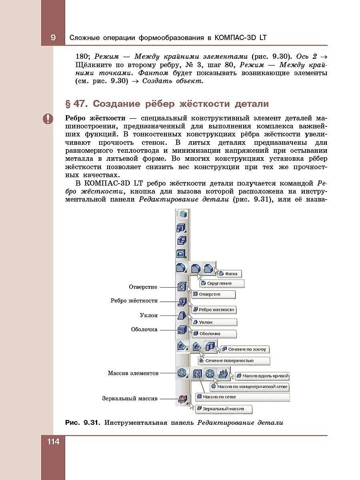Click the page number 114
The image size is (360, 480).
tap(53, 442)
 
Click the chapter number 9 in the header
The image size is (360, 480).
tap(53, 38)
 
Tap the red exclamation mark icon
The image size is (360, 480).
tap(48, 119)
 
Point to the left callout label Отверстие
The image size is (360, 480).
tap(143, 287)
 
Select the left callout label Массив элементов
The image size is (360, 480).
tap(133, 373)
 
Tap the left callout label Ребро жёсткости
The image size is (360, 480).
tap(134, 301)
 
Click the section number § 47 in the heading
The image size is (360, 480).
tap(76, 104)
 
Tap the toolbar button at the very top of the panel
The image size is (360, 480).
tap(182, 214)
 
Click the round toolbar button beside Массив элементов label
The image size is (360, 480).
tap(182, 373)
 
